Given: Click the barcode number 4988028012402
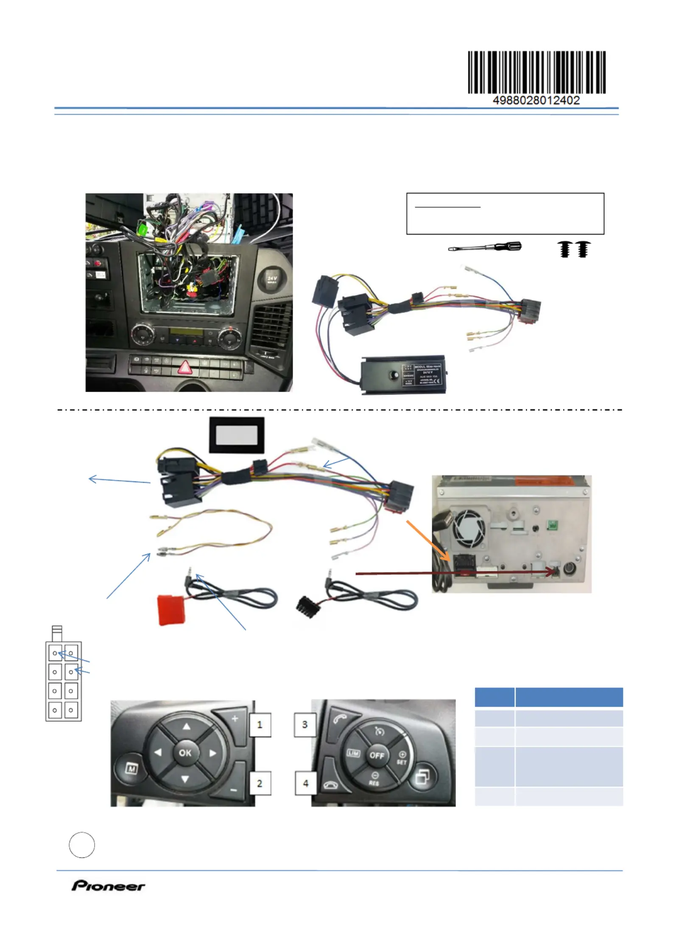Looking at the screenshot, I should (x=536, y=101).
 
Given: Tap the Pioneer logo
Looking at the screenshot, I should (x=108, y=886).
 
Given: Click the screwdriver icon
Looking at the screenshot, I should (x=485, y=247).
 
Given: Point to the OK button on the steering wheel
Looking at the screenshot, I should (x=185, y=753).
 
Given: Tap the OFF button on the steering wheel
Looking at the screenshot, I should (x=377, y=755).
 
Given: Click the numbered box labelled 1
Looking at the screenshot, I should (x=260, y=725).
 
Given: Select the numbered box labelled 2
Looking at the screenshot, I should (x=260, y=783).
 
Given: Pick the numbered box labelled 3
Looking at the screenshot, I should (x=305, y=725).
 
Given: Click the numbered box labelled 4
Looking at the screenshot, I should (x=305, y=783).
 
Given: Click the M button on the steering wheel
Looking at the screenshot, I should (x=131, y=768).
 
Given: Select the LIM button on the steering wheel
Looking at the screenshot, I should (x=353, y=754).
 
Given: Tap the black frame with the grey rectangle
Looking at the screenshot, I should (x=237, y=435).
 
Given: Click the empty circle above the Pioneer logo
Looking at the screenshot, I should (x=82, y=845).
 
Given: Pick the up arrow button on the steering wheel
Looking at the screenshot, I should (x=186, y=727).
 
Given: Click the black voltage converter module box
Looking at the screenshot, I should (x=403, y=374).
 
